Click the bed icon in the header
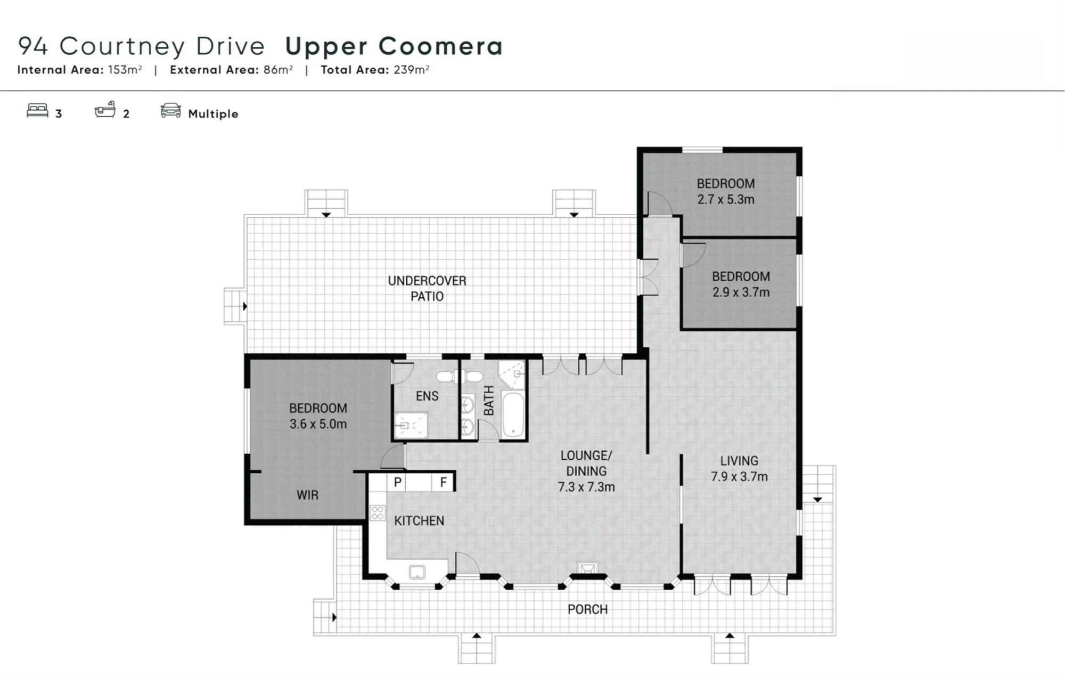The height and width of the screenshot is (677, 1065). point(37,110)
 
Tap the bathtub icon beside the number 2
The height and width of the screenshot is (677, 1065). point(105,109)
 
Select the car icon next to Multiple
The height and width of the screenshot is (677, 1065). point(170,110)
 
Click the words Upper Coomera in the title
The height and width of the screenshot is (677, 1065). point(394,46)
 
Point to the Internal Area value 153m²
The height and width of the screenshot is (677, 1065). point(125,70)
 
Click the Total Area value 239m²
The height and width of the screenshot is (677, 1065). point(412,70)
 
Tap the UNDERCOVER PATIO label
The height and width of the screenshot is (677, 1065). point(427,288)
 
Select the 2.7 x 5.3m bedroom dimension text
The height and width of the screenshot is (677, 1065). point(726,199)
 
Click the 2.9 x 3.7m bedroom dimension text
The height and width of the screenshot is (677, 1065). point(741,292)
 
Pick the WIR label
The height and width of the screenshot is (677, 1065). point(307,495)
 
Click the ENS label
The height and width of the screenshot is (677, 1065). point(427,396)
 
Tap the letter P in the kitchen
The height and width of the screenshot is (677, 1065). point(397,483)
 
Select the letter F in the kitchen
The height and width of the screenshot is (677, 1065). point(443,483)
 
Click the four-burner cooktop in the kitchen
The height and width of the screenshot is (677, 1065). point(378,513)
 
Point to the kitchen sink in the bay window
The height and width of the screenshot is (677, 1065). point(417,572)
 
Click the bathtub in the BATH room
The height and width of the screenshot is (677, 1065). point(513,415)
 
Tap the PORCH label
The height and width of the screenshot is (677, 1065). point(587,609)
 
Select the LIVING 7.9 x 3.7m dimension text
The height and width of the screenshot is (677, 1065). point(739,476)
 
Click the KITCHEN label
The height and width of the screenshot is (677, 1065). point(419,520)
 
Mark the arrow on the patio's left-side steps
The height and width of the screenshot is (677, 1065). point(245,306)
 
